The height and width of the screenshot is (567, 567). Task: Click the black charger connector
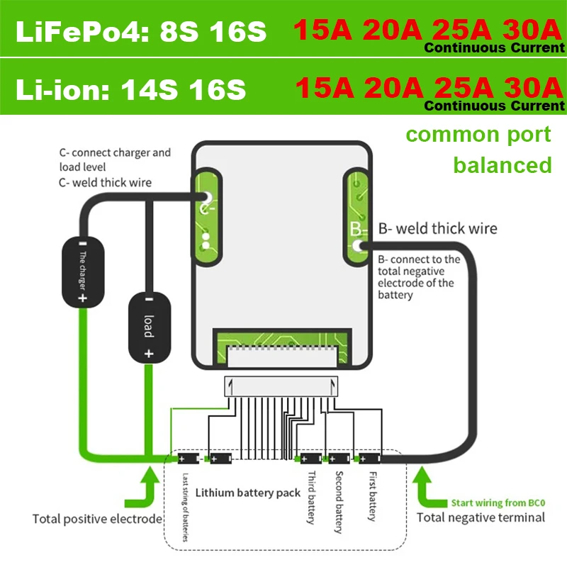pyautogui.click(x=82, y=273)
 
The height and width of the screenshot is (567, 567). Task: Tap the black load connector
pyautogui.click(x=148, y=326)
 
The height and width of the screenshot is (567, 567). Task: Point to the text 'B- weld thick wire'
pyautogui.click(x=437, y=229)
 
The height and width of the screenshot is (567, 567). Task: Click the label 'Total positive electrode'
pyautogui.click(x=98, y=519)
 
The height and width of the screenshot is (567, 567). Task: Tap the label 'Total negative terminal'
pyautogui.click(x=481, y=517)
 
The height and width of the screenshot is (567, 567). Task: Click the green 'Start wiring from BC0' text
pyautogui.click(x=499, y=503)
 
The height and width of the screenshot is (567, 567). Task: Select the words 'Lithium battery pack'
pyautogui.click(x=247, y=492)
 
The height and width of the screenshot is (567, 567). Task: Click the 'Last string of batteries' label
pyautogui.click(x=185, y=506)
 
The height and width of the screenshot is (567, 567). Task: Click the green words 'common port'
pyautogui.click(x=479, y=134)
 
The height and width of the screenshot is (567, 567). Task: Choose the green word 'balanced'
pyautogui.click(x=503, y=164)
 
